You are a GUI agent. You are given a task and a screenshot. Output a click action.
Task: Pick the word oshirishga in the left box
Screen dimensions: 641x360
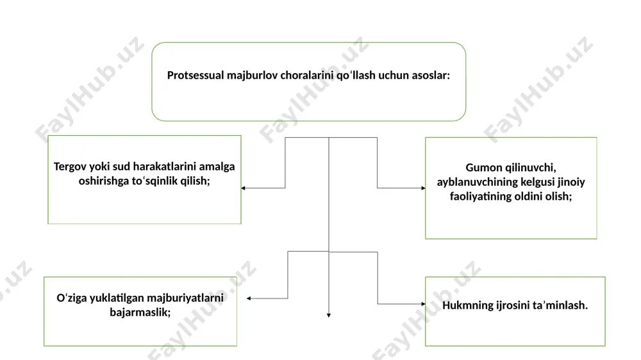(104, 181)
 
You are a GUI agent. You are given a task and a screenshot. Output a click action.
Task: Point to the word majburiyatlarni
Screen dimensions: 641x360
(185, 298)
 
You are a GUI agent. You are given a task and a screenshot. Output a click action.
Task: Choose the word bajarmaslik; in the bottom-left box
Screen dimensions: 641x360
(140, 313)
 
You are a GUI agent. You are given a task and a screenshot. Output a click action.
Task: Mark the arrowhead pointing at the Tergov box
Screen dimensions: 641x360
(243, 188)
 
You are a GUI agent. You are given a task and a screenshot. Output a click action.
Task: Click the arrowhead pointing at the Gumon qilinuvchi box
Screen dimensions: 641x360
(423, 188)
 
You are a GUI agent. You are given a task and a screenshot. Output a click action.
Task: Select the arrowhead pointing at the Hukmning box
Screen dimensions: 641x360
(423, 304)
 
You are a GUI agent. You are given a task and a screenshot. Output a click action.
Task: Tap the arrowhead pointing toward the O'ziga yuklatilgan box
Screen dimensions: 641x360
(249, 299)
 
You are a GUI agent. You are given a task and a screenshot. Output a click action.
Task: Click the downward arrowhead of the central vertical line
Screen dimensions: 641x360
(329, 315)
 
